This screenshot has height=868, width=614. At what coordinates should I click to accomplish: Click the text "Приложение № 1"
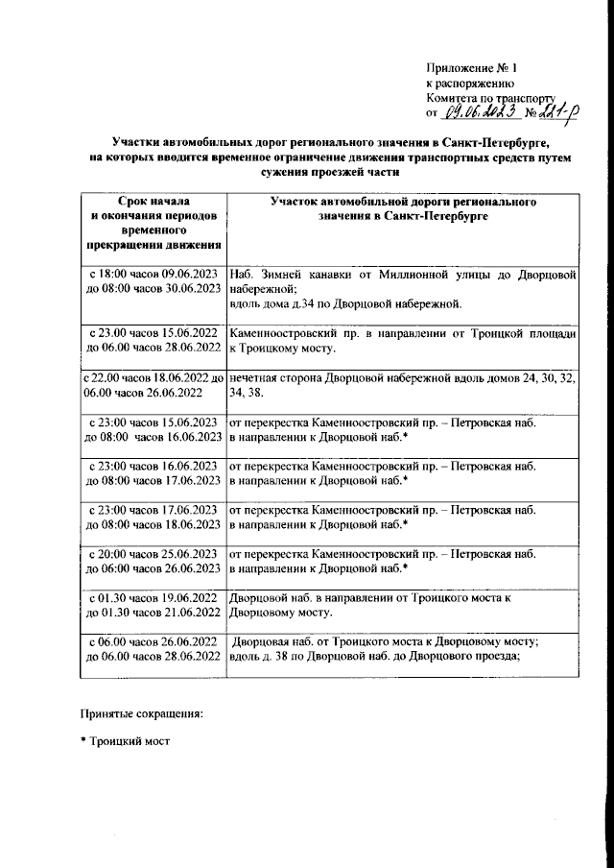click(x=473, y=69)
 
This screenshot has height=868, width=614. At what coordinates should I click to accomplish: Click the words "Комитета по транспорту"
click(x=491, y=99)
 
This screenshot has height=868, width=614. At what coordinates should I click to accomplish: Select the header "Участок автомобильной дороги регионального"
click(x=402, y=204)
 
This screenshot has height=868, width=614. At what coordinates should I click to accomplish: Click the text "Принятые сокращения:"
click(x=141, y=715)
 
